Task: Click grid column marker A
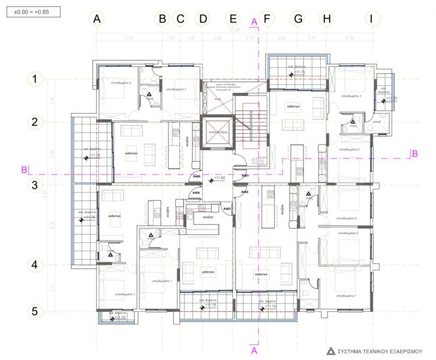(x=97, y=19)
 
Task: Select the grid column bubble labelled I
(x=370, y=19)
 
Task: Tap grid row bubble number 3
(x=34, y=184)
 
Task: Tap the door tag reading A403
(x=227, y=208)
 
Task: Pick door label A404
(x=196, y=193)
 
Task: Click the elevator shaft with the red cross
(x=217, y=133)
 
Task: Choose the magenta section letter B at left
(x=24, y=168)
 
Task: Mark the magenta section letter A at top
(x=254, y=22)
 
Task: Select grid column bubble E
(x=233, y=19)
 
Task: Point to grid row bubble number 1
(x=34, y=80)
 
